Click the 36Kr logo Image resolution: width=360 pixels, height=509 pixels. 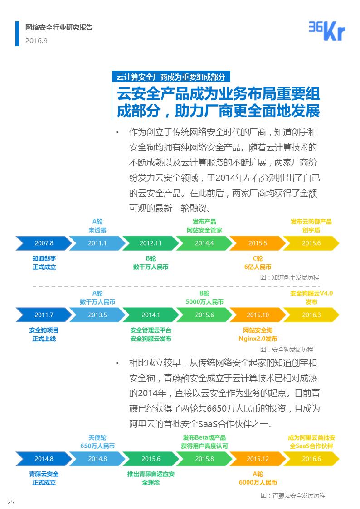327,31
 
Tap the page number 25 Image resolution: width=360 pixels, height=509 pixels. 11,502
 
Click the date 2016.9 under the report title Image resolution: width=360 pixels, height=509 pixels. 36,41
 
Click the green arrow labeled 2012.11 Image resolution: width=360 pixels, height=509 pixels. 151,243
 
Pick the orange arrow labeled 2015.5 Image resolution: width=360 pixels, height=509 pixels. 258,243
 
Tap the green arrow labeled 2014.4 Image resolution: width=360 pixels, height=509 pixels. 204,243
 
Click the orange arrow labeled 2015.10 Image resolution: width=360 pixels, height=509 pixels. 258,315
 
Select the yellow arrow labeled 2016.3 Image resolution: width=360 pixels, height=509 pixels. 311,315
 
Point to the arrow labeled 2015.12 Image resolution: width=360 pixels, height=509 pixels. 258,459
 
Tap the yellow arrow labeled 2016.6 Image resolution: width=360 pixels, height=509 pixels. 311,459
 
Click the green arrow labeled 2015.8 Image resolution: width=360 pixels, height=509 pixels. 204,459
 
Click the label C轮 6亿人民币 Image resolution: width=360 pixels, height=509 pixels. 258,262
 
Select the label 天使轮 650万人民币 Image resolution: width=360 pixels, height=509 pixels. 97,442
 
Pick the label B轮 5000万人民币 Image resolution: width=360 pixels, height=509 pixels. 204,297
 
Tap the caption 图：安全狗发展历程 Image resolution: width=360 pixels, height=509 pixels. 287,349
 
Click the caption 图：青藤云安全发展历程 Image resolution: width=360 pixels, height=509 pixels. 293,495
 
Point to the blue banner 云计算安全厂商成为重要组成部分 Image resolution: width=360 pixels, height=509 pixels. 171,77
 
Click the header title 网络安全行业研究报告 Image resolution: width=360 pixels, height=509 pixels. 59,28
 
